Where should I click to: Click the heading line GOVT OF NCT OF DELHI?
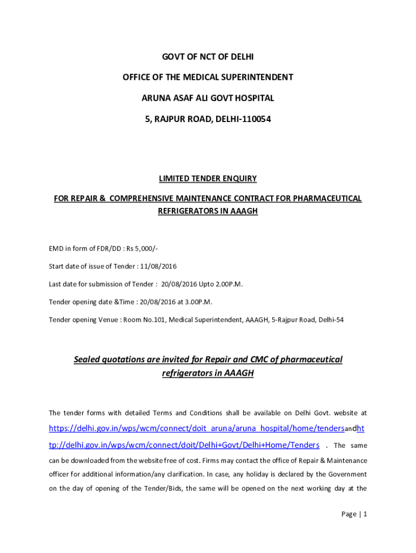[208, 57]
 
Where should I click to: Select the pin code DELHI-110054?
[244, 118]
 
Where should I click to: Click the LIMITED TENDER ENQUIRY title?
[208, 179]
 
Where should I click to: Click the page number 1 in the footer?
[365, 514]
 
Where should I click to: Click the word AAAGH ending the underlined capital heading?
[245, 211]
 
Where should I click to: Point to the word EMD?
[56, 248]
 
